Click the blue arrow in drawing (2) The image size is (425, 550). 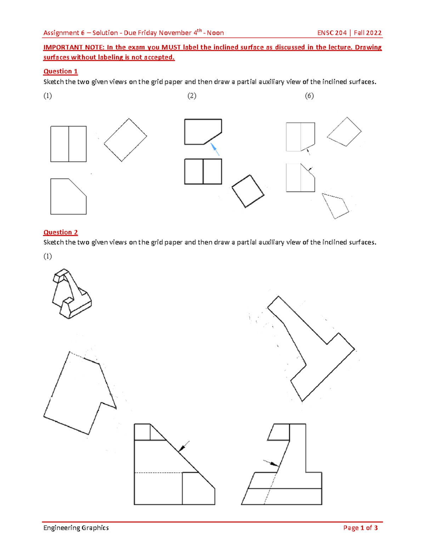pos(215,149)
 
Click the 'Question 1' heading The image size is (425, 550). pos(60,71)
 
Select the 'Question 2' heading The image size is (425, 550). pos(60,232)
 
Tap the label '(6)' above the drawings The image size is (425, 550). pos(309,96)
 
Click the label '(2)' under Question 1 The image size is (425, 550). pos(192,96)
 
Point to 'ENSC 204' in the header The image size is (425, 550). pos(331,33)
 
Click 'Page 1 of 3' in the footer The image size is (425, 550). pos(360,528)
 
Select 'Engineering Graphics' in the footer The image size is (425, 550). pos(76,528)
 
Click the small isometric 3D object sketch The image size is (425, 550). pos(71,294)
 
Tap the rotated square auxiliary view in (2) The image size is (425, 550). pos(248,191)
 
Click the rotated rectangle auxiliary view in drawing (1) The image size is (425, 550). pos(125,140)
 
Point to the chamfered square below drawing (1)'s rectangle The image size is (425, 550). pos(68,197)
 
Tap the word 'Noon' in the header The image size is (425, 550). pos(215,33)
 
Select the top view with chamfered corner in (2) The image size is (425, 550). pos(203,132)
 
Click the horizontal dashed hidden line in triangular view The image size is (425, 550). pos(158,472)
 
